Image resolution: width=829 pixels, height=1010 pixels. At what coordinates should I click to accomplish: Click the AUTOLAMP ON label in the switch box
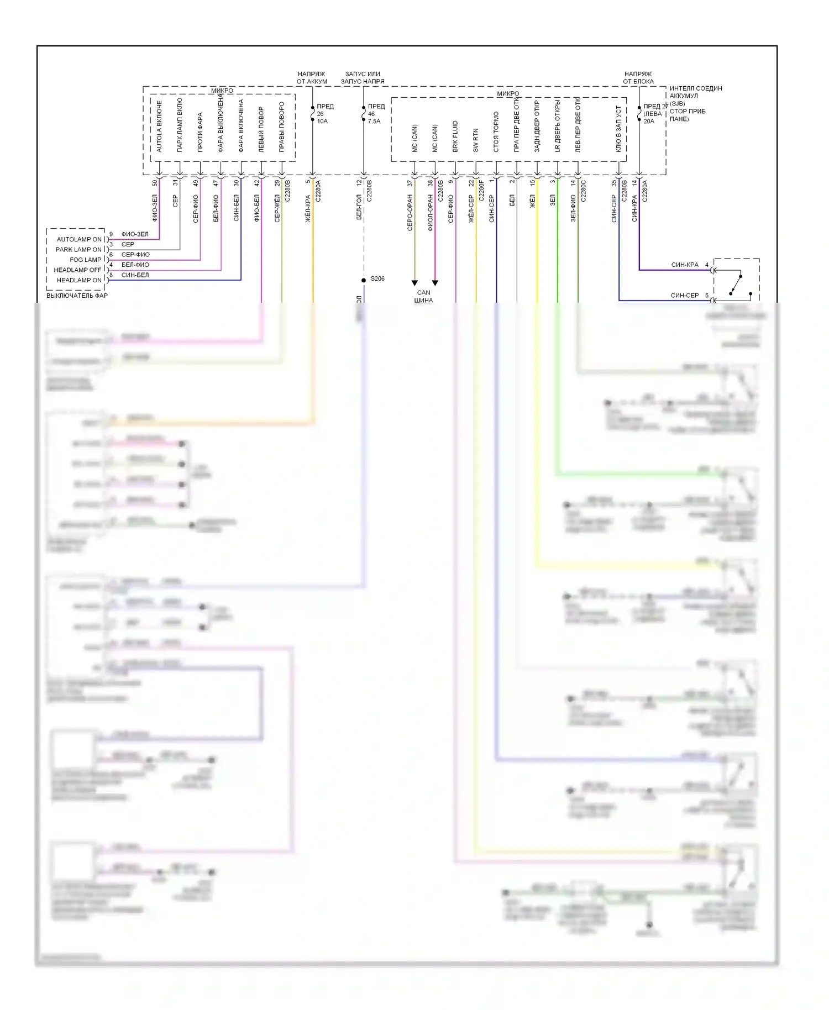[x=79, y=239]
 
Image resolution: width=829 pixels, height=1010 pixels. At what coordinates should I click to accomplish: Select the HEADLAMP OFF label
[x=77, y=270]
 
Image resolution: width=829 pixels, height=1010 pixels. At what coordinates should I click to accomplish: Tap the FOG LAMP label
[x=85, y=260]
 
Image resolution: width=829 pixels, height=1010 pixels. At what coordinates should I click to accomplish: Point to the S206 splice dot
[x=364, y=280]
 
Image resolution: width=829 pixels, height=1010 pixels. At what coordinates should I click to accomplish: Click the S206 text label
[x=377, y=278]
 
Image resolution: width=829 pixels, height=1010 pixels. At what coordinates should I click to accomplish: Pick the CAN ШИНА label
[x=423, y=297]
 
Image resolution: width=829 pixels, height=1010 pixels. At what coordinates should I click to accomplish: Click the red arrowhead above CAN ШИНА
[x=435, y=283]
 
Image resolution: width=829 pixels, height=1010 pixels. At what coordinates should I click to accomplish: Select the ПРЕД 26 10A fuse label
[x=324, y=114]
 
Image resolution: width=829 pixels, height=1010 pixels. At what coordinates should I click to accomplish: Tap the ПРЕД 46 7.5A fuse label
[x=375, y=114]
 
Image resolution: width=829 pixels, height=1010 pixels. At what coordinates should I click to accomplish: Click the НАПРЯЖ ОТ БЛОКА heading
[x=638, y=77]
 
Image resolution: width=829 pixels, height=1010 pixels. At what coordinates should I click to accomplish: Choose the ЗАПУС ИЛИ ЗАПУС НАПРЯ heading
[x=363, y=77]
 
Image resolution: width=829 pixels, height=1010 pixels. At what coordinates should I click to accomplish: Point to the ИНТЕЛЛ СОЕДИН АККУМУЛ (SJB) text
[x=695, y=96]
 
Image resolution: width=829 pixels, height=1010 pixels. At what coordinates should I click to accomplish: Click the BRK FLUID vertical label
[x=455, y=136]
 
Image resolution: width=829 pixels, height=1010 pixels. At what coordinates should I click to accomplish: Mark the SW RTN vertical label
[x=476, y=140]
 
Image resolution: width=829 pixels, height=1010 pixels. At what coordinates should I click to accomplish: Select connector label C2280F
[x=481, y=191]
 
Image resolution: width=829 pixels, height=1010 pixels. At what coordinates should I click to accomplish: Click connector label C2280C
[x=584, y=191]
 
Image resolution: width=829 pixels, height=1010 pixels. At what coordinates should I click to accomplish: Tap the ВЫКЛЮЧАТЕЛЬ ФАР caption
[x=77, y=296]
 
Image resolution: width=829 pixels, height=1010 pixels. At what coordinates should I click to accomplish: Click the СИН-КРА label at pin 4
[x=685, y=265]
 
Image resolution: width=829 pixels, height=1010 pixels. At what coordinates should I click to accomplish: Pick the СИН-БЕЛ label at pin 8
[x=135, y=275]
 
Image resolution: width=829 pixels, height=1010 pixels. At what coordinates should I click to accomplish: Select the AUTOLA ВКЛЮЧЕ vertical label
[x=159, y=126]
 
